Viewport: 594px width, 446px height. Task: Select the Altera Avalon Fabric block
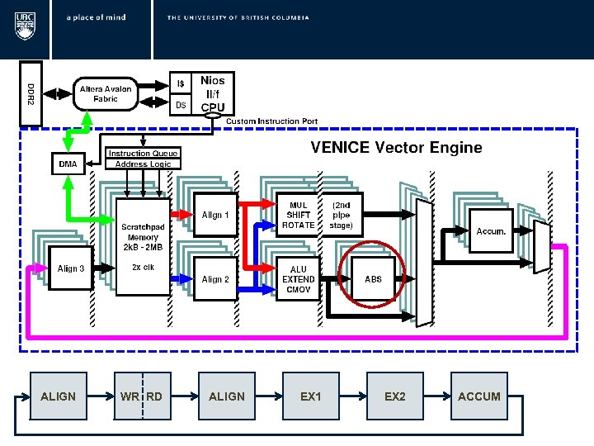(x=110, y=93)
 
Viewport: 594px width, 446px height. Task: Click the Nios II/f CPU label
(x=213, y=93)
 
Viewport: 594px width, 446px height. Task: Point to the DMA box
(x=68, y=164)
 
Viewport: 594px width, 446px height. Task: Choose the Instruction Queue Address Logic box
(x=144, y=159)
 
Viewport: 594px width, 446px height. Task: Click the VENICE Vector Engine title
(x=395, y=148)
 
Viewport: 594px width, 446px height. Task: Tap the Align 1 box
(x=215, y=215)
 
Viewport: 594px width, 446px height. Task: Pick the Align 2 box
(x=215, y=279)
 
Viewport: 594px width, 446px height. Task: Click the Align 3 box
(x=71, y=268)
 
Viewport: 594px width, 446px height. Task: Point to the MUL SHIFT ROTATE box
(x=298, y=215)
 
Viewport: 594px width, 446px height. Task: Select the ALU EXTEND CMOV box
(x=298, y=279)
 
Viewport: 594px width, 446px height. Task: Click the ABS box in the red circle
(x=374, y=279)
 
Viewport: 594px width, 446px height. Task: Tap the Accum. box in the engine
(x=492, y=231)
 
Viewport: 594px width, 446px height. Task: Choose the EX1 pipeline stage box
(x=311, y=396)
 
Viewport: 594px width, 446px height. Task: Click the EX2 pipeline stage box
(x=395, y=396)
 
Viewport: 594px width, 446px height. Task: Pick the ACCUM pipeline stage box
(x=479, y=396)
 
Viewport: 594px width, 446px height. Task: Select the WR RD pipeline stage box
(x=142, y=396)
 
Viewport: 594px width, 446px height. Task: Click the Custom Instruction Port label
(x=272, y=121)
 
